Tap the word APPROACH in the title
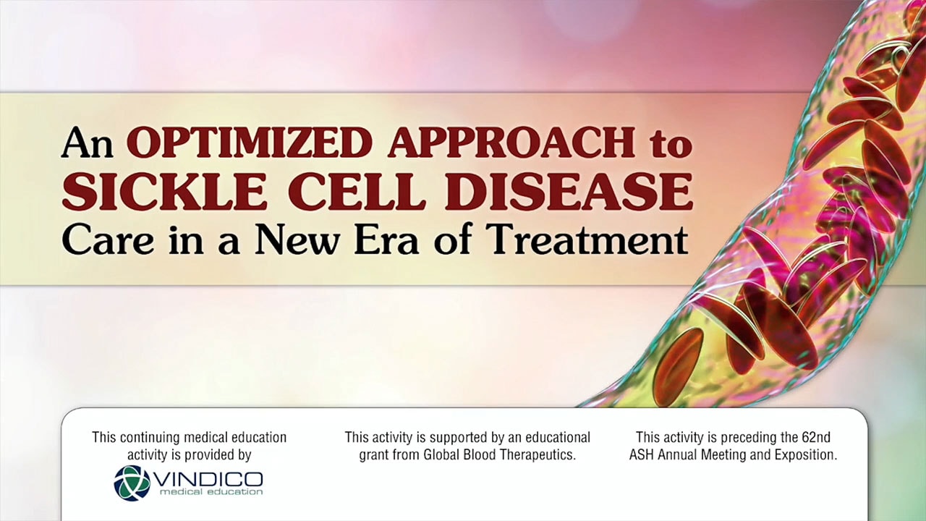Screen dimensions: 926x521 (511, 143)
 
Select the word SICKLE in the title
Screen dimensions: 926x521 (164, 192)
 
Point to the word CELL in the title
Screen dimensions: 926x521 (357, 192)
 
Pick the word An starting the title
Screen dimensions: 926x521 (88, 143)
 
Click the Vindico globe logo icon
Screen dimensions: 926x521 (132, 483)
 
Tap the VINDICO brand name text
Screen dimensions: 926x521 (208, 479)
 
